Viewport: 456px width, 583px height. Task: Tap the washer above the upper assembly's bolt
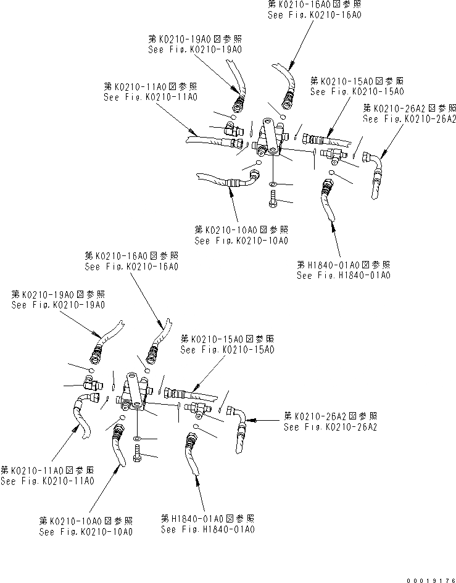click(272, 184)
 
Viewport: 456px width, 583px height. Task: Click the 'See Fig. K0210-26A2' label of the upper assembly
click(409, 119)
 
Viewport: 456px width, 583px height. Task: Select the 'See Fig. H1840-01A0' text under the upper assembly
click(343, 276)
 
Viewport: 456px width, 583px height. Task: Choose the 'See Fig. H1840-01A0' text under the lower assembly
click(207, 529)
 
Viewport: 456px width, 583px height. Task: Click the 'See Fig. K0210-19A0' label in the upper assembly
click(194, 49)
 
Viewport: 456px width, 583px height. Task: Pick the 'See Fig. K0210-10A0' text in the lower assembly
click(85, 531)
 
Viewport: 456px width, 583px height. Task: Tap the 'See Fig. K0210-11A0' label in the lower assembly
click(47, 481)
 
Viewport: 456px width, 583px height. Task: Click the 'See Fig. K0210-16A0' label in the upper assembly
click(314, 13)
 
